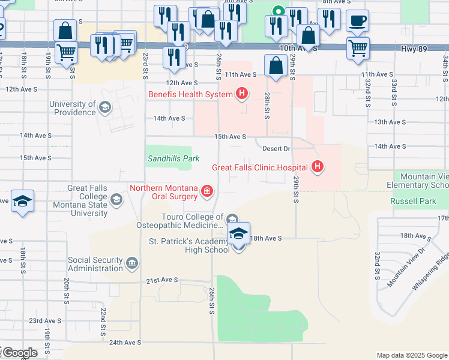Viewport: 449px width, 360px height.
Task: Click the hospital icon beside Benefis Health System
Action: [242, 94]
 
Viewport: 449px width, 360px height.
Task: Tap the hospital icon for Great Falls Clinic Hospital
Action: [318, 167]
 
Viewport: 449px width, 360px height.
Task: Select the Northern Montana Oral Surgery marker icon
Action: [207, 191]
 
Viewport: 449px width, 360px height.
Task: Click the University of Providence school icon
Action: [104, 108]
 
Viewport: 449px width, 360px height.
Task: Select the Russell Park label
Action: [413, 202]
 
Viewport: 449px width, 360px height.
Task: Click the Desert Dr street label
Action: [277, 148]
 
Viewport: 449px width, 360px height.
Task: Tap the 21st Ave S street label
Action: [162, 280]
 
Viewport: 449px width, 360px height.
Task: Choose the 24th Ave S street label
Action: [124, 343]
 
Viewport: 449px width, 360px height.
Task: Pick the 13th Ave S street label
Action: [390, 122]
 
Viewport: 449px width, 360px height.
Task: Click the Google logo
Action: [20, 353]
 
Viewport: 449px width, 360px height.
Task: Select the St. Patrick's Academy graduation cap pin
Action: [238, 235]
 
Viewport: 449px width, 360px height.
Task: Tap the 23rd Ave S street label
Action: [44, 321]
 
